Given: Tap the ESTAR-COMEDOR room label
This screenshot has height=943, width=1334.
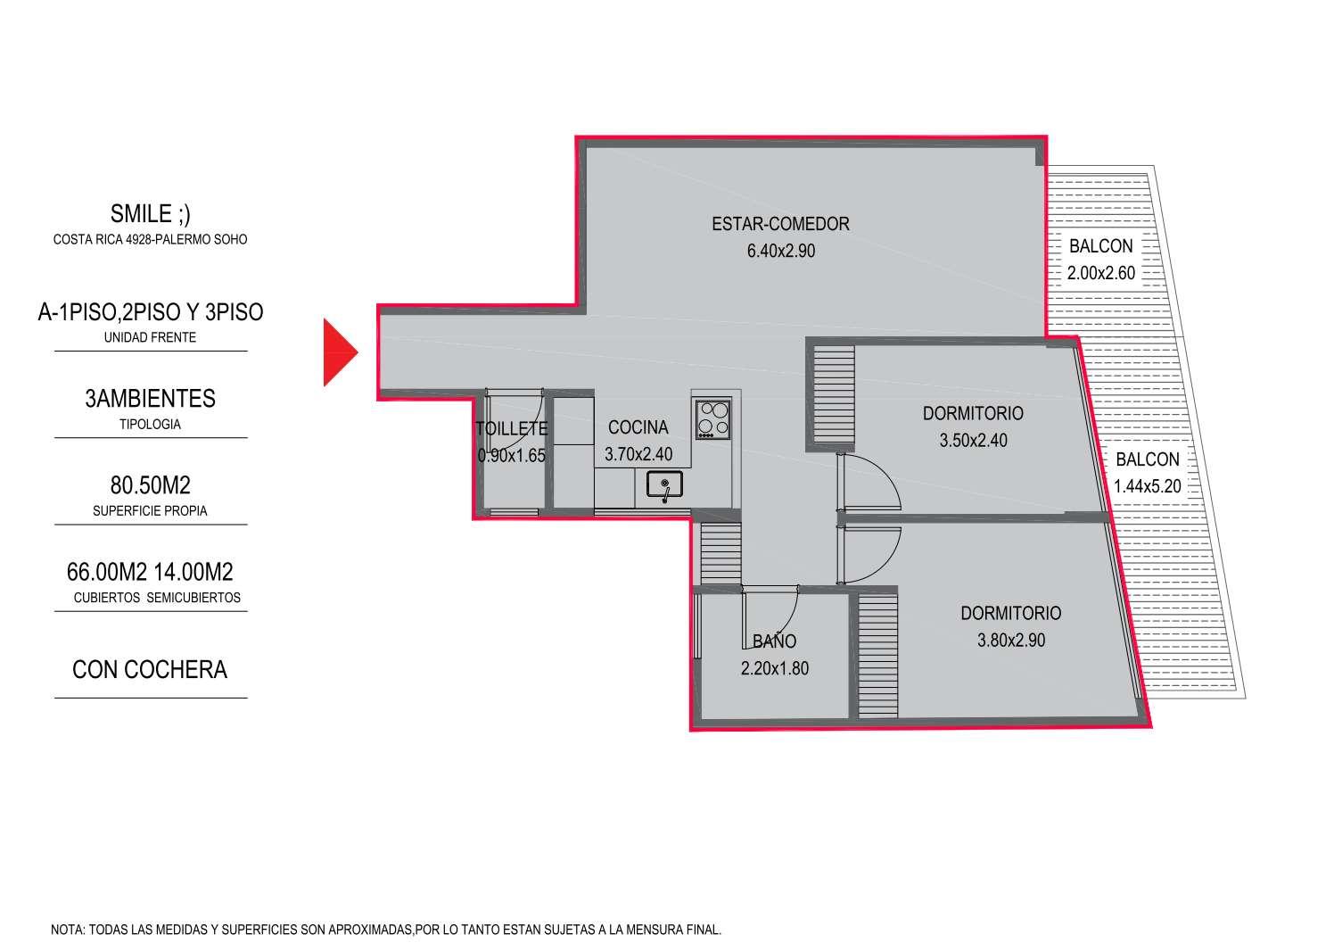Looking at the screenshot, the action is pos(780,224).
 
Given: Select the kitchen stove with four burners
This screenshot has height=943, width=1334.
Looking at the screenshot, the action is pos(712,419).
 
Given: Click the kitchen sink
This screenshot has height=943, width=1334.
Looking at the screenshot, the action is pos(664,484).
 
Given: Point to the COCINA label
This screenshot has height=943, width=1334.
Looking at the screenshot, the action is pos(638,427).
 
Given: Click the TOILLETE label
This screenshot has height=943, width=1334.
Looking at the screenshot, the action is pos(512,428).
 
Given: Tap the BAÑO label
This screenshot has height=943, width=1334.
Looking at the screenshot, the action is pos(774,641).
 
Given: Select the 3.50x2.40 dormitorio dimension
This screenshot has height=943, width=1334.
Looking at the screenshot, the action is pos(973,440).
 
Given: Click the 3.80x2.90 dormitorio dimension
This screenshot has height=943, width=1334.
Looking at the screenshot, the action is pos(1011,640).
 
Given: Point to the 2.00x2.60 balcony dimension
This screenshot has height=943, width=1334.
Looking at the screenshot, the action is pos(1100,273).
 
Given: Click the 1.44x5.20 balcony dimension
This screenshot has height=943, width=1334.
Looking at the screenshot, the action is pos(1147,486).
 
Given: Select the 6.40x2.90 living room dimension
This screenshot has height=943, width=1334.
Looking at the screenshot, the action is pos(781,251).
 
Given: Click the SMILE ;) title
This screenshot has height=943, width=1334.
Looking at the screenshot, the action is pos(150,214).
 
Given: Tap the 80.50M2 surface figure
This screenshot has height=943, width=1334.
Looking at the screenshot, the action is pos(150,485).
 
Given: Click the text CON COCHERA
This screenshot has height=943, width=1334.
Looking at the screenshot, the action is pos(150,670).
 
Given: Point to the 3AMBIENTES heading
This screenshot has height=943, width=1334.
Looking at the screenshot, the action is pos(150,399).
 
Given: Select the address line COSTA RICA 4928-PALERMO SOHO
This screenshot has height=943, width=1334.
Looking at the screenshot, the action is pos(150,239).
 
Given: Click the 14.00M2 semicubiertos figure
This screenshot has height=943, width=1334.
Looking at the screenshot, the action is pos(194,572).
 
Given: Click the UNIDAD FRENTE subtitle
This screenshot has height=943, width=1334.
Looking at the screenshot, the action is pos(150,338).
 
